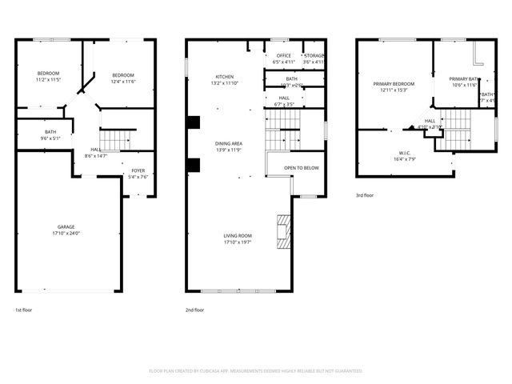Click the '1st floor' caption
[24, 310]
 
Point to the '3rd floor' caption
[365, 195]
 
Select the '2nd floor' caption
[194, 310]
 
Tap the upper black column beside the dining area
[193, 122]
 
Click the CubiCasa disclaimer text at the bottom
[256, 370]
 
